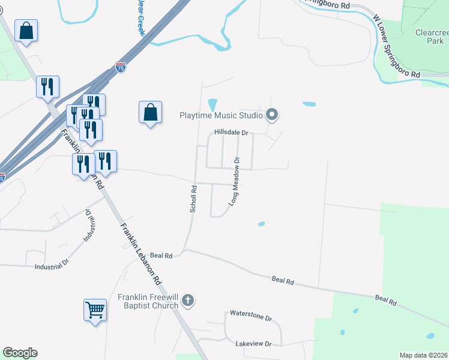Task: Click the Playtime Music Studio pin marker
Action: point(272,115)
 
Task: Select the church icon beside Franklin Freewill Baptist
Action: point(188,301)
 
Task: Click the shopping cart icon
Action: point(95,310)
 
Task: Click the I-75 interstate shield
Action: point(121,67)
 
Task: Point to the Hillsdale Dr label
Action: point(231,133)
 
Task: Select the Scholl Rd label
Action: point(193,199)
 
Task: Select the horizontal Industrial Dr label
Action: point(52,265)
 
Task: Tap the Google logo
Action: point(20,353)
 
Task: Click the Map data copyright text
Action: point(423,355)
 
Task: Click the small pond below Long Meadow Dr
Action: point(261,224)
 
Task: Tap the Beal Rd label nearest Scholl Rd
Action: point(161,255)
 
